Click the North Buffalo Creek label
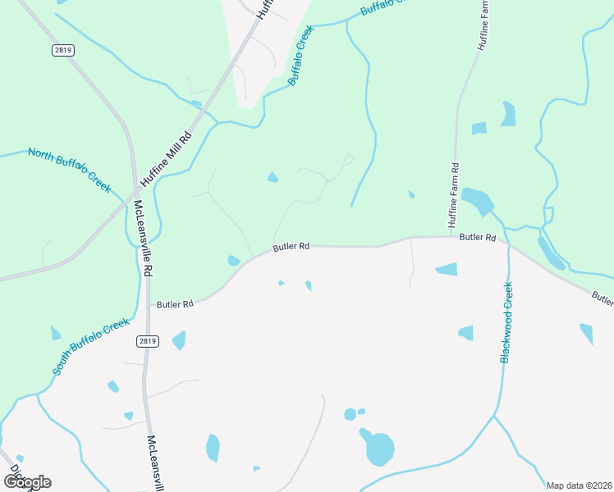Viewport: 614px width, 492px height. pyautogui.click(x=69, y=169)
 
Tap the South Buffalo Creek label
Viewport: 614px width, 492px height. pyautogui.click(x=92, y=347)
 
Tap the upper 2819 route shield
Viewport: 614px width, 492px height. pyautogui.click(x=62, y=50)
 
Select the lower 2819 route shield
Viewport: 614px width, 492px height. pyautogui.click(x=148, y=340)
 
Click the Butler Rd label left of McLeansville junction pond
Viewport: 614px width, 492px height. pyautogui.click(x=175, y=304)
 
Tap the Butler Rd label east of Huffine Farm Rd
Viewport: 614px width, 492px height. pyautogui.click(x=478, y=238)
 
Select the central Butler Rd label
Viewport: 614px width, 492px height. pyautogui.click(x=291, y=246)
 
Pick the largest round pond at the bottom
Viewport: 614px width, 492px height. pyautogui.click(x=378, y=449)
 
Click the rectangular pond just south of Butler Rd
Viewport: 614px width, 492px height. pyautogui.click(x=447, y=269)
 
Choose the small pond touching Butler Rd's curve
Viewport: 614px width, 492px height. pyautogui.click(x=234, y=261)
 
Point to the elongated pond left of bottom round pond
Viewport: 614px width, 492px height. pyautogui.click(x=213, y=448)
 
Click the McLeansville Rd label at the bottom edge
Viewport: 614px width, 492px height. pyautogui.click(x=157, y=464)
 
